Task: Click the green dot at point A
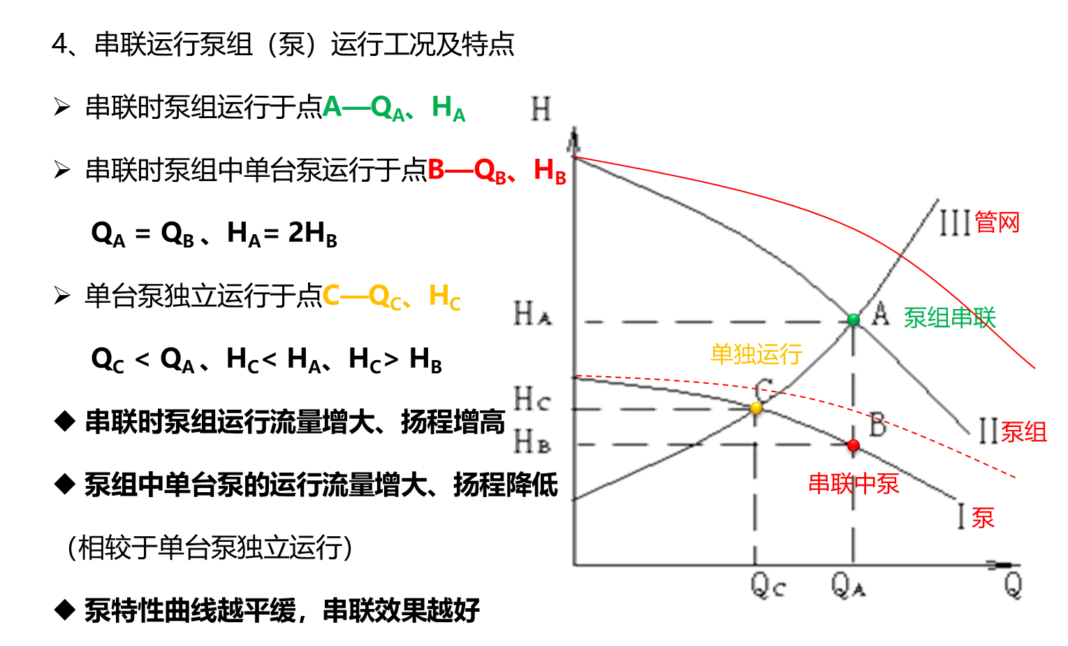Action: [x=853, y=320]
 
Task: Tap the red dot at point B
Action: [x=853, y=445]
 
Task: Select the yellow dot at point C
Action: [x=756, y=408]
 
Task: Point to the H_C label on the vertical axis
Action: [x=532, y=399]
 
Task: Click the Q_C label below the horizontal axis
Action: [x=769, y=585]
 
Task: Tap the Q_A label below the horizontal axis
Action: [x=849, y=585]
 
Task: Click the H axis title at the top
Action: [x=541, y=109]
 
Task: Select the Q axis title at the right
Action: [x=1013, y=585]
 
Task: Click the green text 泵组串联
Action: [x=949, y=318]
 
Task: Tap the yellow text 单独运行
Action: [x=756, y=354]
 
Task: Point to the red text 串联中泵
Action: [x=853, y=484]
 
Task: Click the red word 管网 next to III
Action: [x=997, y=223]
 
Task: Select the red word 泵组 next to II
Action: [x=1023, y=433]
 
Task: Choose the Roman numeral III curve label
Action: [x=955, y=223]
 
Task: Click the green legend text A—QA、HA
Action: [x=393, y=108]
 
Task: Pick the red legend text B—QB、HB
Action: [x=497, y=171]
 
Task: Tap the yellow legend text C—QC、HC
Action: [x=391, y=296]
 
